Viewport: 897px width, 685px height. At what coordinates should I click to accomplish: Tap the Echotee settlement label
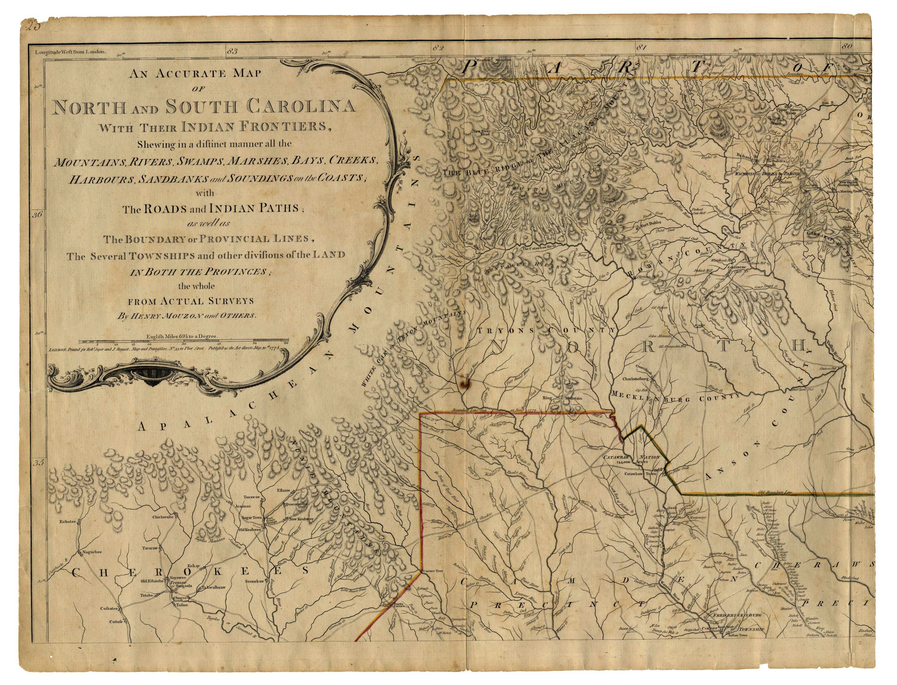click(68, 521)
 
